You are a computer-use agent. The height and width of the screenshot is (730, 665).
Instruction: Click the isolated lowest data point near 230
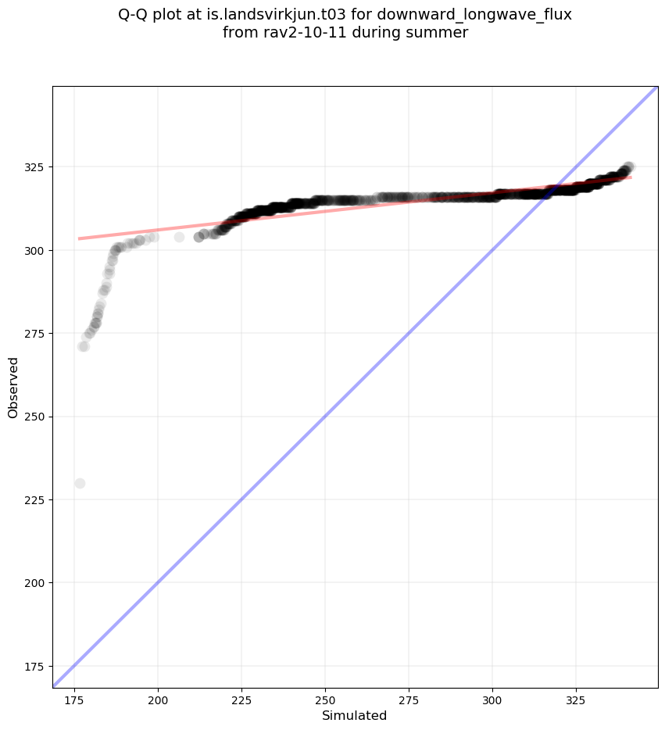(80, 483)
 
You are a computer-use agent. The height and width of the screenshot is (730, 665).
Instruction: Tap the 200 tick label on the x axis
(158, 698)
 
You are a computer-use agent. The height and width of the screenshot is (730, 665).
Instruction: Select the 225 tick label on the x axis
(241, 698)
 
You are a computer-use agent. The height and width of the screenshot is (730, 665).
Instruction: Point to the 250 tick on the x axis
(325, 698)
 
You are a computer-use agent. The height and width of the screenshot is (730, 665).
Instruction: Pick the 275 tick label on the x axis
(409, 698)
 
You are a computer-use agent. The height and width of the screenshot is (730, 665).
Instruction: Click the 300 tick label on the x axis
(492, 698)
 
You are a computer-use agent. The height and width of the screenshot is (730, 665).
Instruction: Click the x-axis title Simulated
(355, 715)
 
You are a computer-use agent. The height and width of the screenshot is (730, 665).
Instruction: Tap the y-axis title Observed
(13, 387)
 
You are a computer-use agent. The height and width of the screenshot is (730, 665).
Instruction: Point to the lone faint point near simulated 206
(179, 237)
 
